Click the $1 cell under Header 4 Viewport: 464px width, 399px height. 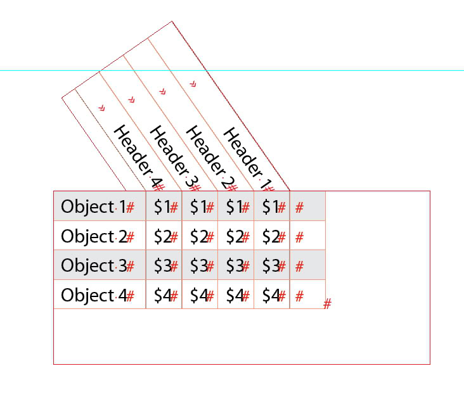(x=163, y=206)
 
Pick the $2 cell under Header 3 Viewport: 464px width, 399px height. (x=199, y=236)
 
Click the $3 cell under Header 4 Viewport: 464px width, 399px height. (x=163, y=265)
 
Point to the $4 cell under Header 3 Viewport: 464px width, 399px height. (x=199, y=295)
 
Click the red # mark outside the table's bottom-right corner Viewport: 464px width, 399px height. (x=327, y=305)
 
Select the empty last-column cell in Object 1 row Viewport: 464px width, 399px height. (x=307, y=206)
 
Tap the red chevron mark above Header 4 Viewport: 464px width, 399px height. (x=101, y=108)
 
